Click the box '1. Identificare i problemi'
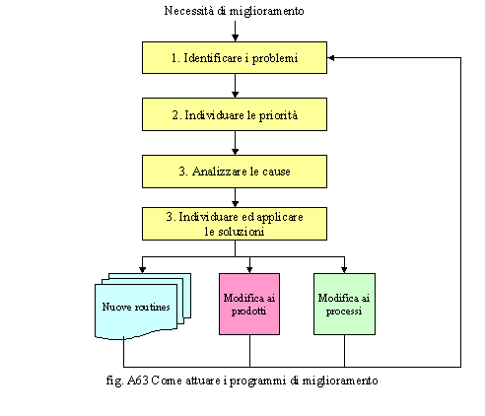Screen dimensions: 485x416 tap(235, 57)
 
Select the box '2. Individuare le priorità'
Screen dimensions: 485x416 tap(235, 114)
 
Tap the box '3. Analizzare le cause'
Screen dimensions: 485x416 tap(235, 172)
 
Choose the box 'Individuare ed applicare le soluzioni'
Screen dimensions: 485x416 tap(235, 224)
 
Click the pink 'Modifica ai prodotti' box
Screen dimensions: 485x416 tap(249, 304)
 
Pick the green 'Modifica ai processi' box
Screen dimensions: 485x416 tap(344, 304)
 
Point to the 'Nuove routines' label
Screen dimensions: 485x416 tap(136, 307)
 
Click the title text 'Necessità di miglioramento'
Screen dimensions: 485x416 tap(234, 11)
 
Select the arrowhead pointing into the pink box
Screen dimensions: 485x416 tap(249, 269)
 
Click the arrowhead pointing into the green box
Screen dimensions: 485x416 tap(344, 269)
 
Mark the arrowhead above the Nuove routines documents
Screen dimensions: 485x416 tap(142, 269)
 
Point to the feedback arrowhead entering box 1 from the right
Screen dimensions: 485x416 tap(331, 58)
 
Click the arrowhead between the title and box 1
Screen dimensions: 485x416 tap(235, 37)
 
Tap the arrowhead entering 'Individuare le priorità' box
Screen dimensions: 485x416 tap(235, 95)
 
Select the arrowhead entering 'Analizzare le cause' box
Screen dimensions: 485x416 tap(235, 152)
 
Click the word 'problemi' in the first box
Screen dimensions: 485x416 tap(275, 58)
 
